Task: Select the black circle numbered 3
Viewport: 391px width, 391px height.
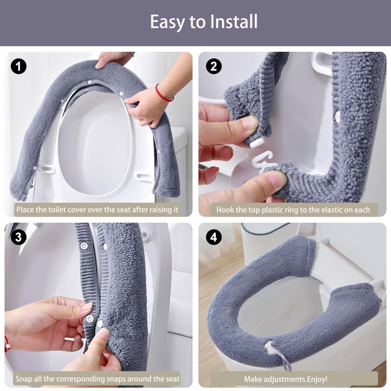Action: (x=19, y=237)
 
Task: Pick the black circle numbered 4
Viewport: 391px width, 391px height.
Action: (x=214, y=237)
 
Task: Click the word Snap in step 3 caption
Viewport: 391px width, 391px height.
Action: (x=24, y=379)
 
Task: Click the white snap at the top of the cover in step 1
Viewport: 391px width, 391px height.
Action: (x=90, y=82)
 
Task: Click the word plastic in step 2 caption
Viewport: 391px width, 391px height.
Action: (x=274, y=210)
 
